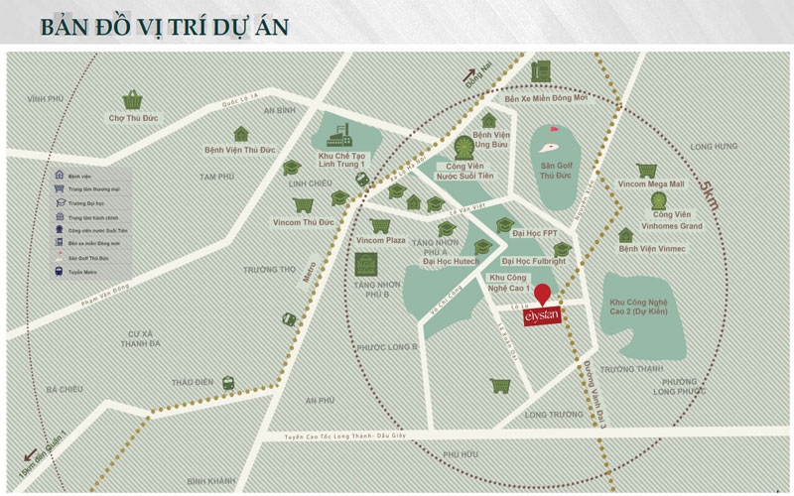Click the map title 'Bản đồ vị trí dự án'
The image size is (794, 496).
point(165,24)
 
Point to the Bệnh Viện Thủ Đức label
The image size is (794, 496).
point(239,152)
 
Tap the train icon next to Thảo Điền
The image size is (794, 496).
point(227,381)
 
